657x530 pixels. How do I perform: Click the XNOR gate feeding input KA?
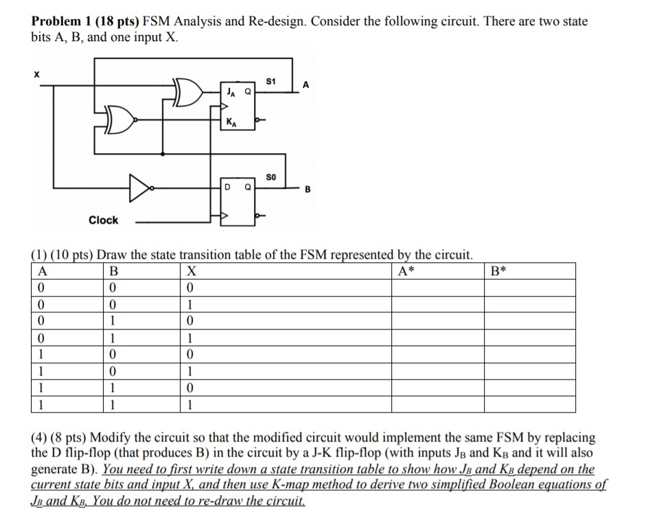click(x=120, y=122)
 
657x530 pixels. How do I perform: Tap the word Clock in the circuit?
click(x=103, y=220)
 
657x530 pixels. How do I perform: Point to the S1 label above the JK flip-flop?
click(x=270, y=81)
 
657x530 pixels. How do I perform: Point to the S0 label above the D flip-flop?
click(x=270, y=176)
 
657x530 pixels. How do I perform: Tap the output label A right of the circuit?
click(x=306, y=84)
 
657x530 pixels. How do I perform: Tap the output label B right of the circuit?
click(x=306, y=192)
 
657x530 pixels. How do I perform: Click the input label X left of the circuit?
click(x=36, y=71)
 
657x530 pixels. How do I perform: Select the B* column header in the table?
click(x=498, y=270)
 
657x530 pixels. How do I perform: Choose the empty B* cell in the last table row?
click(x=529, y=404)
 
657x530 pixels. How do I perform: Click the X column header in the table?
click(x=192, y=270)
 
